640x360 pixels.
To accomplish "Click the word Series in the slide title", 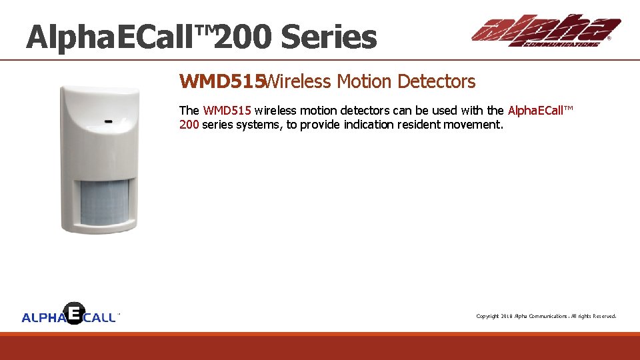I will pyautogui.click(x=329, y=37).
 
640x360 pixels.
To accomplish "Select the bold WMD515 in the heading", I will pyautogui.click(x=221, y=82).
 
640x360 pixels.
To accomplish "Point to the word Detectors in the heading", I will pyautogui.click(x=436, y=82).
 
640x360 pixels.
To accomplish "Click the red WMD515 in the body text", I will pyautogui.click(x=227, y=111).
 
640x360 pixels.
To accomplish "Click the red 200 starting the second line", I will pyautogui.click(x=189, y=124).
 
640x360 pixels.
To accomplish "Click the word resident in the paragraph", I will pyautogui.click(x=415, y=124).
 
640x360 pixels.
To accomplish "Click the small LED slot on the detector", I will pyautogui.click(x=107, y=121).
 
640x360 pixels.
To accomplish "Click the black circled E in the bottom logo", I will pyautogui.click(x=75, y=313).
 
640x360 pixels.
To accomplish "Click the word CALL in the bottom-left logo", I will pyautogui.click(x=100, y=318).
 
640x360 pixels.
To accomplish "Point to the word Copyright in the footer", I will pyautogui.click(x=487, y=316).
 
